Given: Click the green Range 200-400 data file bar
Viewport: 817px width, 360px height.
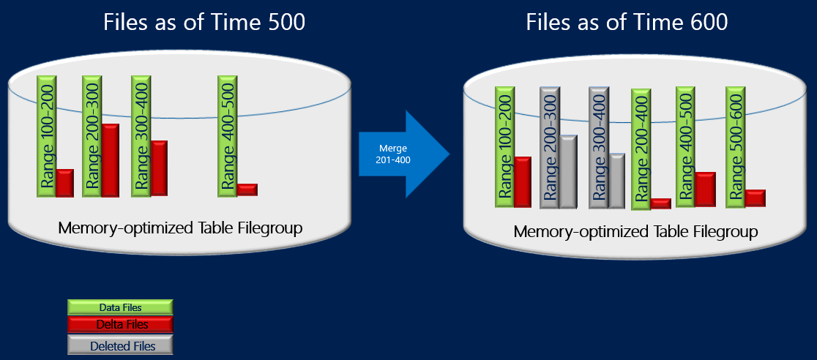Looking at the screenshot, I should [641, 149].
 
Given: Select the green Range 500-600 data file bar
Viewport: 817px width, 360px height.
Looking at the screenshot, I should [735, 146].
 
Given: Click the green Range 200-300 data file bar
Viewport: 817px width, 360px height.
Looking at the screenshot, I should [92, 135].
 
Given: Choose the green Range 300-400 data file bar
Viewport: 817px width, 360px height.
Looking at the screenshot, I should [141, 135].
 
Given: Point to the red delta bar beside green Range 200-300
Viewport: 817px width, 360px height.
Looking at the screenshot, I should [111, 160].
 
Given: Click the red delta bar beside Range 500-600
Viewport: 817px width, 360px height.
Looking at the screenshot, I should [755, 198].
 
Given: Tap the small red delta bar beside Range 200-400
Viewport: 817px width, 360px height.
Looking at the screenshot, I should [661, 203].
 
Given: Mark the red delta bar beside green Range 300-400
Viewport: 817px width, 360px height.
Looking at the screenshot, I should [159, 168].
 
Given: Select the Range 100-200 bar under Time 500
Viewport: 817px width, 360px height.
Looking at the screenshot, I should [46, 135].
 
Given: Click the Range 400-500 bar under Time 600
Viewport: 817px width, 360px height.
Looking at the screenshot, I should [685, 146].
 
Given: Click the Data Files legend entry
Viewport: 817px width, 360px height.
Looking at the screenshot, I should [120, 307].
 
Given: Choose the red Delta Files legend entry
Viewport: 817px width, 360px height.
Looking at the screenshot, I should [121, 324].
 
